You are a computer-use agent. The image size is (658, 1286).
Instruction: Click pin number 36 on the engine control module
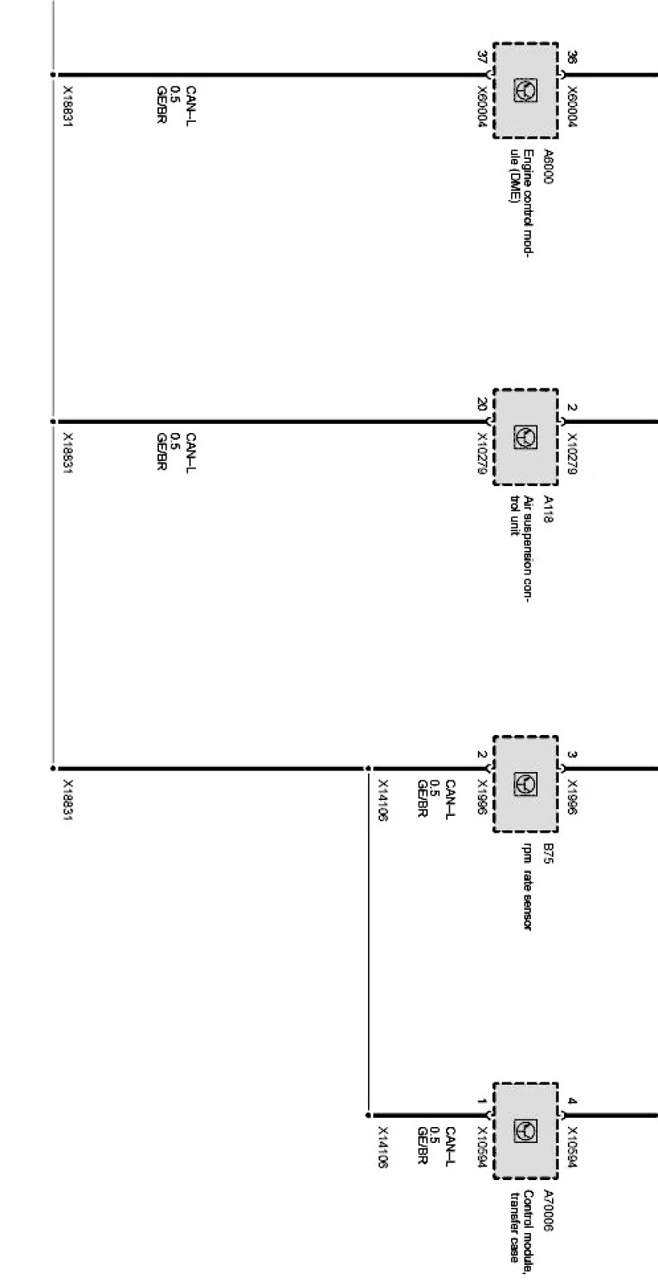coord(572,57)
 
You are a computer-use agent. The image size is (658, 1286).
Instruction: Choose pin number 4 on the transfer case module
coord(572,1101)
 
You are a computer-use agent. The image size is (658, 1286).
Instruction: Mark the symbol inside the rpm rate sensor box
coord(525,783)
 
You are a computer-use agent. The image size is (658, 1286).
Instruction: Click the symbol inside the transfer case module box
coord(525,1131)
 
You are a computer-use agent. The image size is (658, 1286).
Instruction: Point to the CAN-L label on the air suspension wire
coord(191,453)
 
